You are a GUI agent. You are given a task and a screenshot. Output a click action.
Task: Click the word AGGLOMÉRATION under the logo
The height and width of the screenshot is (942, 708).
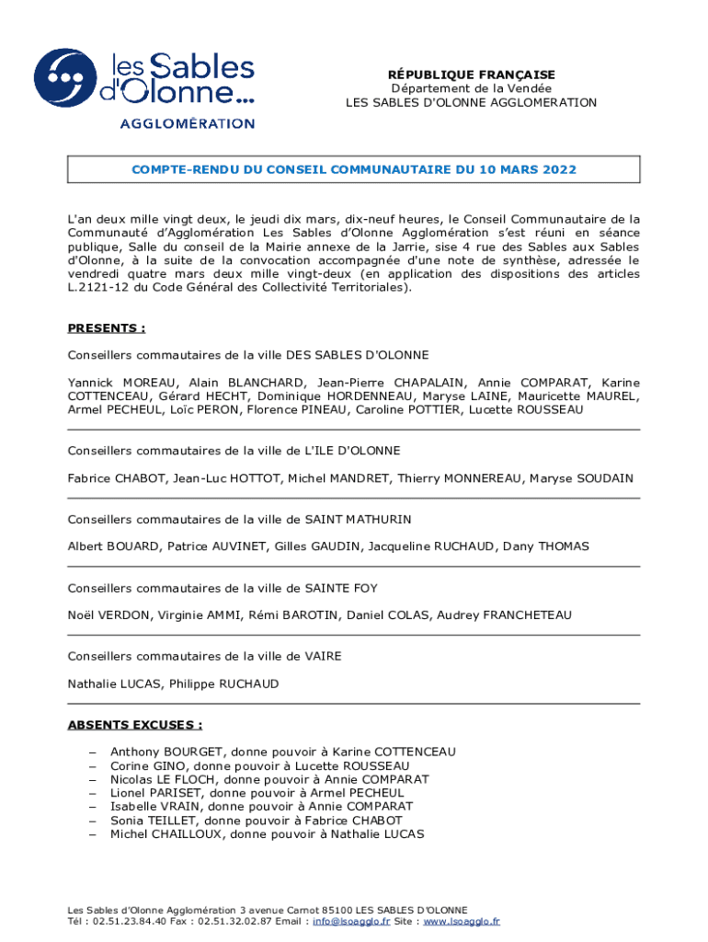[188, 122]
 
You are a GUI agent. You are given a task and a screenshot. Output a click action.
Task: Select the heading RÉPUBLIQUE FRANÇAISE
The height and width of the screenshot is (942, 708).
[471, 75]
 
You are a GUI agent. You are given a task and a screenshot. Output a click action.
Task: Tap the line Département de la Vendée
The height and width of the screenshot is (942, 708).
[471, 88]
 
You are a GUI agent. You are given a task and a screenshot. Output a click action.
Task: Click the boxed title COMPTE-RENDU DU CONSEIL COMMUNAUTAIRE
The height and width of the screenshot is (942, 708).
[353, 170]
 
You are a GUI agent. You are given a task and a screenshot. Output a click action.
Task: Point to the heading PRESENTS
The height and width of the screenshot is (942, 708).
[106, 328]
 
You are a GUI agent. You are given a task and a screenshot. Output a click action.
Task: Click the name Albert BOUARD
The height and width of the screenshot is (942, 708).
[113, 546]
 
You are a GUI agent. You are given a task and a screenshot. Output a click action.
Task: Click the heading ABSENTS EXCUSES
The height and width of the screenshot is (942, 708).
[135, 724]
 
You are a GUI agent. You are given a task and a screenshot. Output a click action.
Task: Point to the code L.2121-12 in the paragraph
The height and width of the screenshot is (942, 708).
[98, 287]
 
